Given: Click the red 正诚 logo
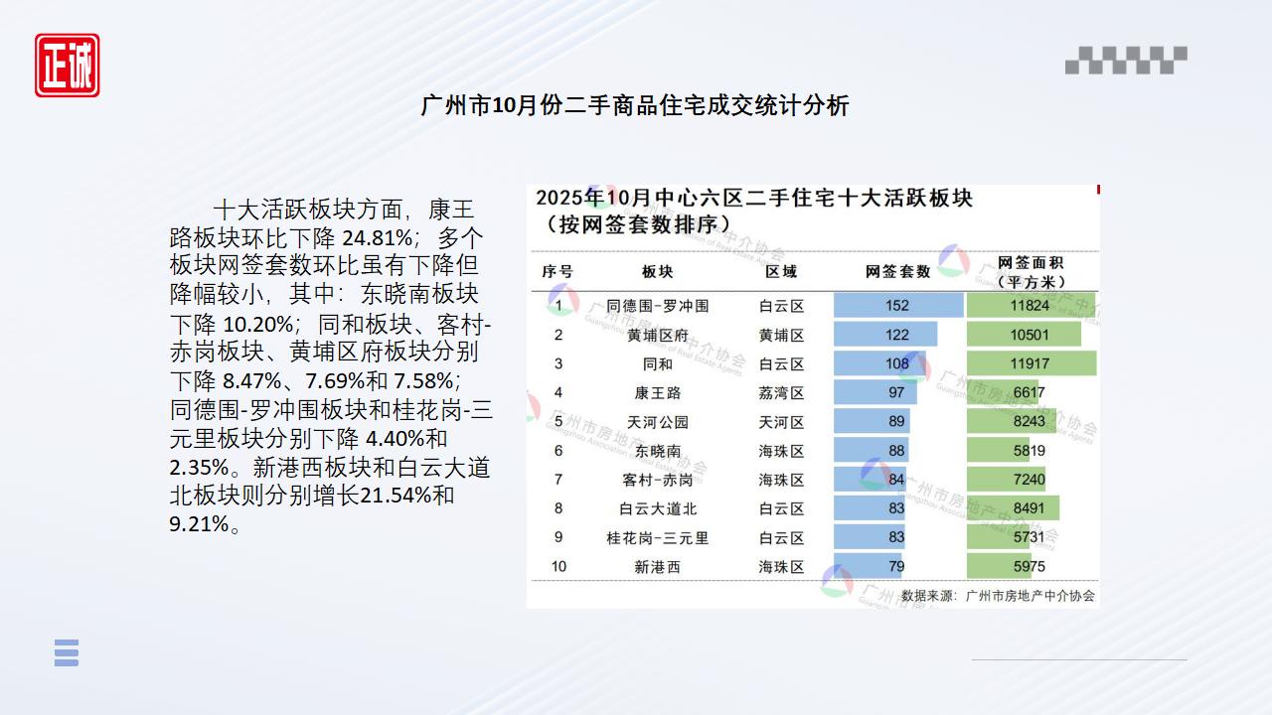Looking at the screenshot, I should point(68,66).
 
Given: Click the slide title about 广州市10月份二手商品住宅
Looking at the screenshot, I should point(635,106).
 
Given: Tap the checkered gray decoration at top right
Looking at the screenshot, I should point(1126,61).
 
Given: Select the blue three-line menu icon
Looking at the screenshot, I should point(67,652).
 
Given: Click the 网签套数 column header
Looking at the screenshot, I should point(897,271).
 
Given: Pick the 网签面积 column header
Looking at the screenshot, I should point(1031,271).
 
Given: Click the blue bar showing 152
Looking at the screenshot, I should point(897,306).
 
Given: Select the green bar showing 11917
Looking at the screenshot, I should point(1031,363).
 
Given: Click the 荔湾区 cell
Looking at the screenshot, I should point(781,393).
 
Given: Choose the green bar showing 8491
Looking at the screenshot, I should point(1013,508).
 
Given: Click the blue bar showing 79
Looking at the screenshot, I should point(869,567).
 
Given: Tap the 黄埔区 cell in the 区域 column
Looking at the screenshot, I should point(781,335).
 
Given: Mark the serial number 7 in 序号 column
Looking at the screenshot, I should point(558,480).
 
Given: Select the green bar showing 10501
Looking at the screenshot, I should point(1024,335).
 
